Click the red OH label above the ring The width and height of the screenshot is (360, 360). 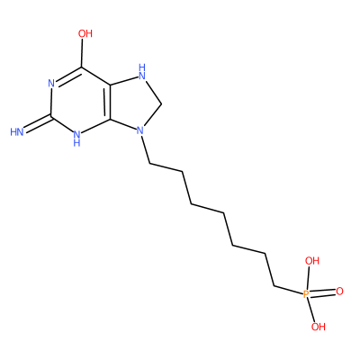(x=85, y=33)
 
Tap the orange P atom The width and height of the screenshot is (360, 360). (x=306, y=294)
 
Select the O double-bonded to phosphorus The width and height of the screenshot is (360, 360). (x=339, y=292)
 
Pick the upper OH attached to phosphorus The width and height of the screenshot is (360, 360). (x=312, y=261)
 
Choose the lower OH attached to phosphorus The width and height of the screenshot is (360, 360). (x=319, y=327)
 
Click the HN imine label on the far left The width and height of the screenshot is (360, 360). (x=17, y=132)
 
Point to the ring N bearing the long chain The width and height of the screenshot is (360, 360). (x=139, y=130)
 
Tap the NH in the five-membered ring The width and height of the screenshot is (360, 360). (x=142, y=72)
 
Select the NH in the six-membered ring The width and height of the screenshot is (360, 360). (x=76, y=137)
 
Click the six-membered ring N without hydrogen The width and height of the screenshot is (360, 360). (x=51, y=84)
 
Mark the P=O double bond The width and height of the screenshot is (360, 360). (x=322, y=292)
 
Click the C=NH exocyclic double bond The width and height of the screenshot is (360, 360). (x=38, y=123)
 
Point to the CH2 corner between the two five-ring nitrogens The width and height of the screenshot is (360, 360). (x=162, y=104)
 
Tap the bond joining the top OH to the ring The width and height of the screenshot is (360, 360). (x=82, y=53)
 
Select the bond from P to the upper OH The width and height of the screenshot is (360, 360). (x=309, y=278)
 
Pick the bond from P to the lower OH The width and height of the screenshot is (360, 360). (x=311, y=310)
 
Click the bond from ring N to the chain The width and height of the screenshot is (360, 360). (x=146, y=149)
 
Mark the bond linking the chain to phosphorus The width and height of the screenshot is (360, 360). (x=288, y=290)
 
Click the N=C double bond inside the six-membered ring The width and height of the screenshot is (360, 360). (x=67, y=76)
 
